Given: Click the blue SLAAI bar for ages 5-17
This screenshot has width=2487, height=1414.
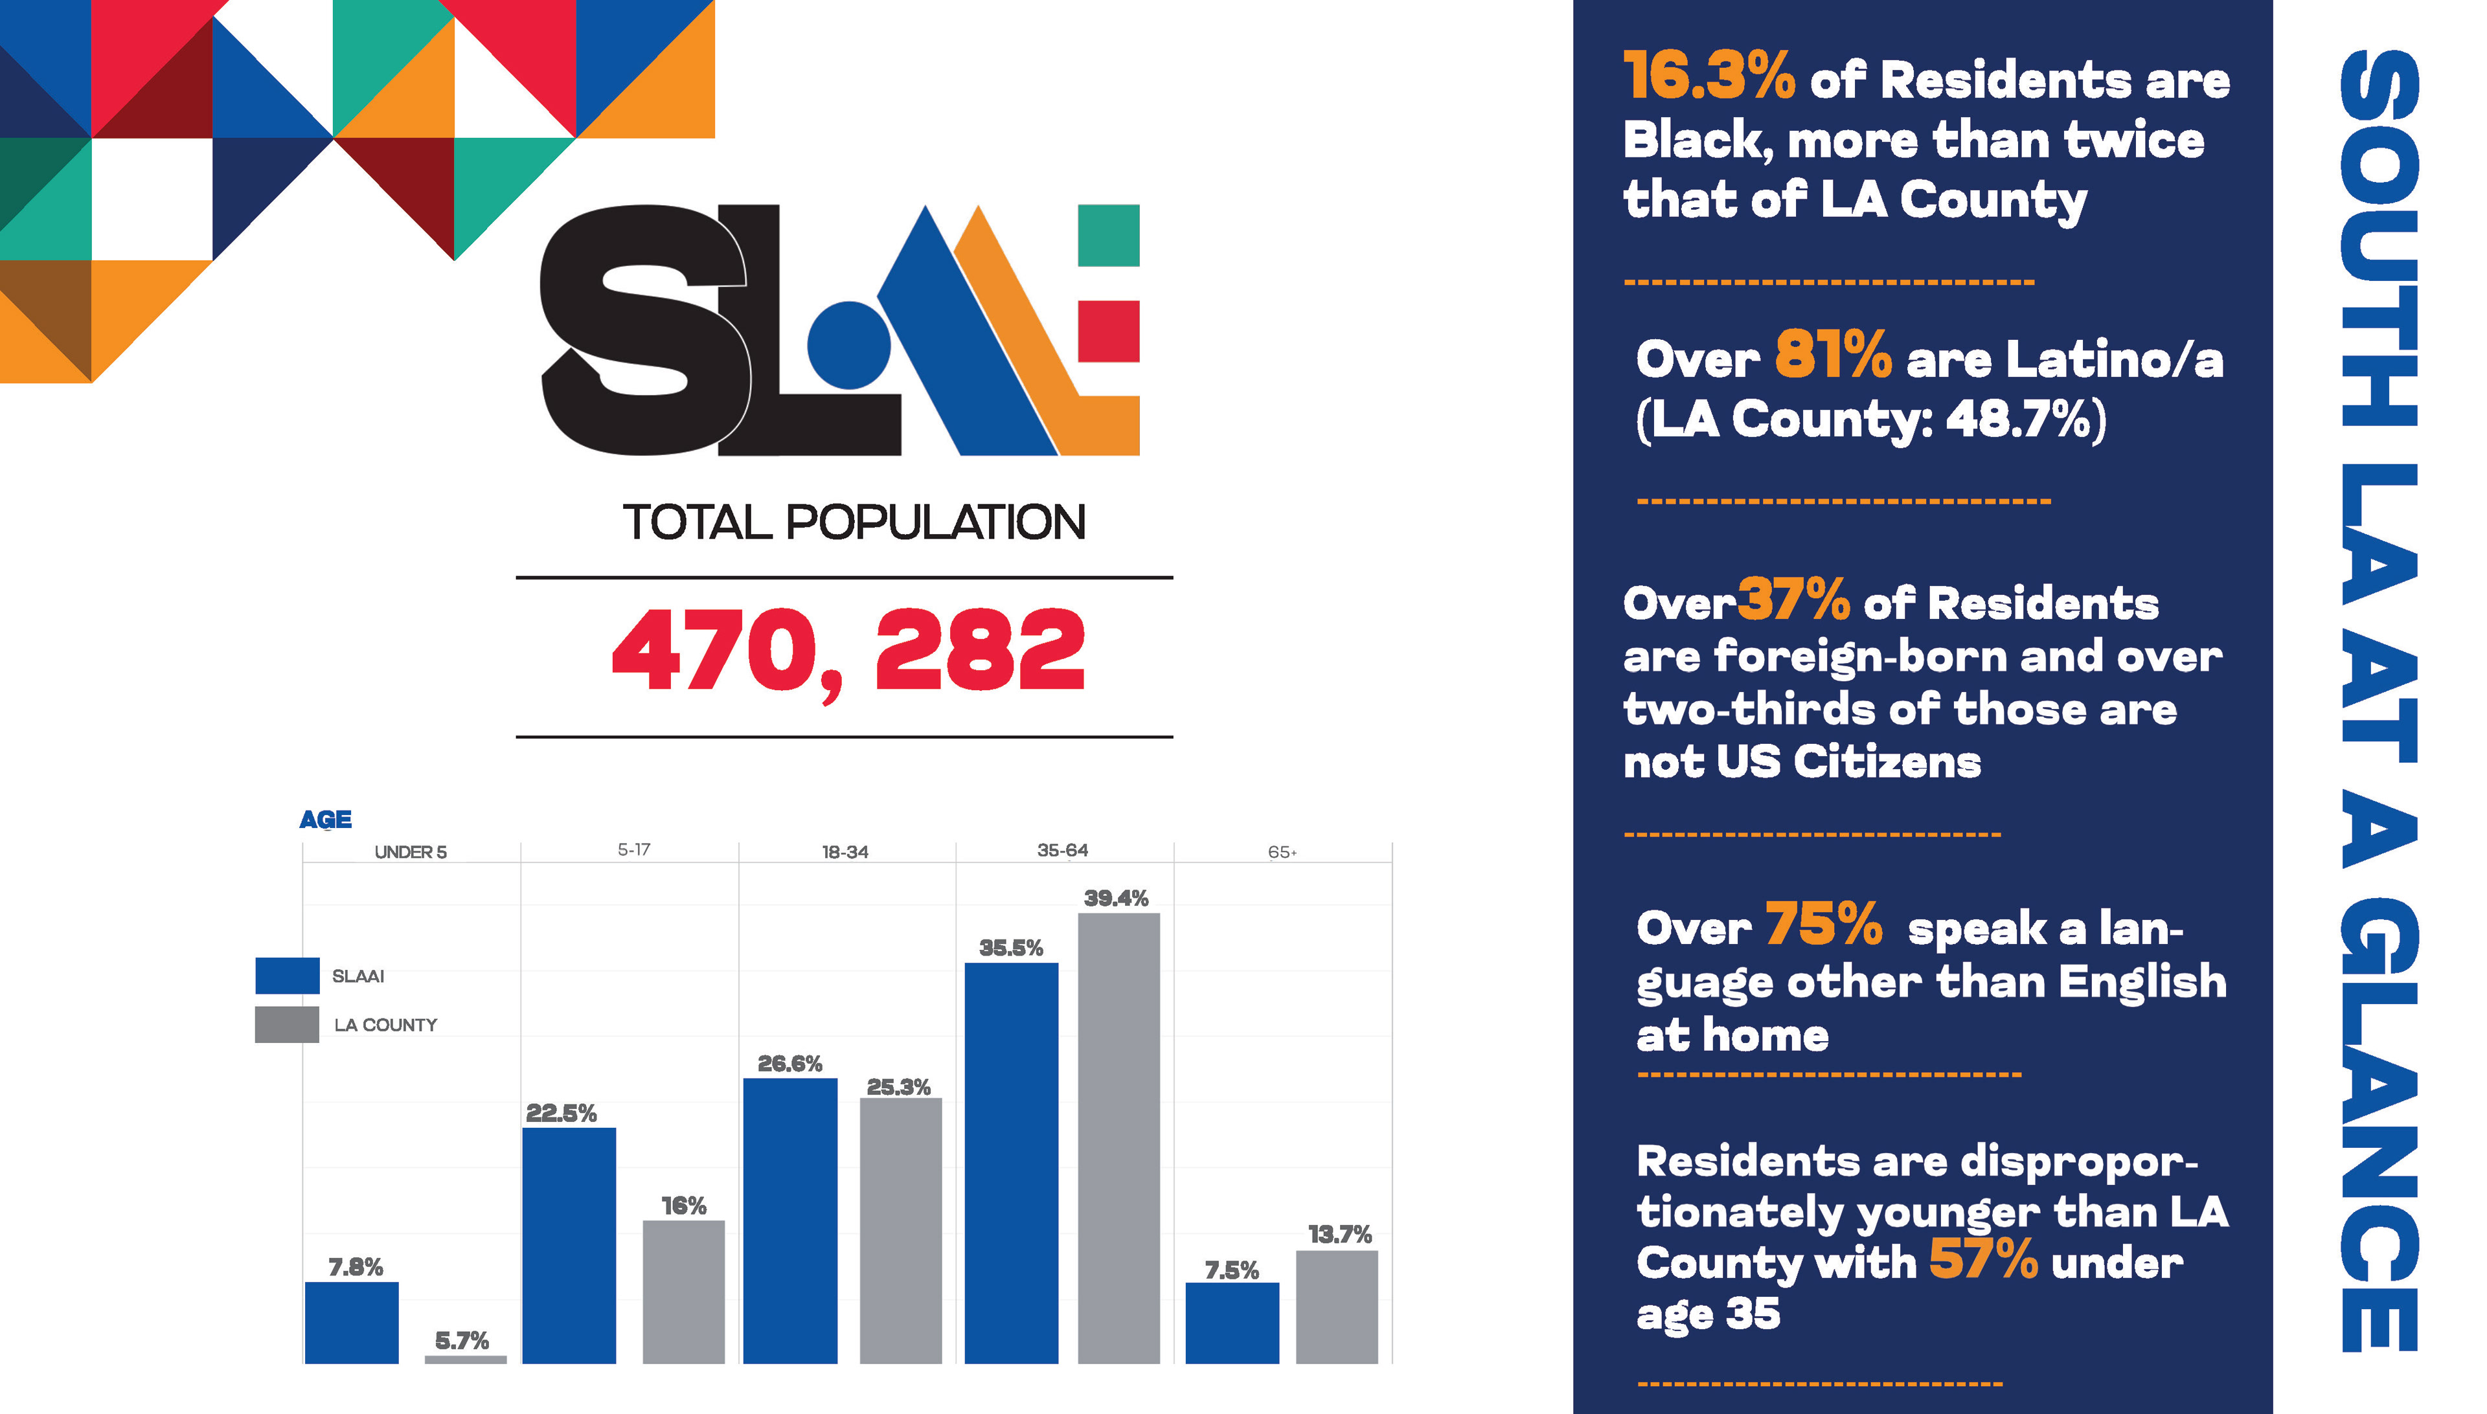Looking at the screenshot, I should click(569, 1245).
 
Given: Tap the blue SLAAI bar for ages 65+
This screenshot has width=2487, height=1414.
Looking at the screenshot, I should click(1232, 1323).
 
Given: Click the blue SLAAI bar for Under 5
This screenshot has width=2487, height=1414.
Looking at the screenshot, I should click(352, 1322).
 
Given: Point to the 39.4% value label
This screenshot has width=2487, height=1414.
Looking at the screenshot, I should click(1117, 899).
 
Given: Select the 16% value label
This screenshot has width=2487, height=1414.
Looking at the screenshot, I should click(684, 1206).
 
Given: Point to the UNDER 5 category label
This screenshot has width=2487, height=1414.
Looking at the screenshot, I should click(410, 853).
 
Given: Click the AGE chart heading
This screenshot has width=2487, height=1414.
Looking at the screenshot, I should click(325, 820).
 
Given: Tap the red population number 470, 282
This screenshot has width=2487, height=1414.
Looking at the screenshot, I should click(848, 651).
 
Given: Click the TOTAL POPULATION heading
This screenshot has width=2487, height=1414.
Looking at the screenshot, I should click(854, 522).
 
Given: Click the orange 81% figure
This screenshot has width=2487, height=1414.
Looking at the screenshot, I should click(1833, 355).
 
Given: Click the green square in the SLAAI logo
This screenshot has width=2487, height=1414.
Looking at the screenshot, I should click(1109, 235).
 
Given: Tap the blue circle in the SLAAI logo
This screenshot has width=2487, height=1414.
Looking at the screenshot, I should click(849, 344).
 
